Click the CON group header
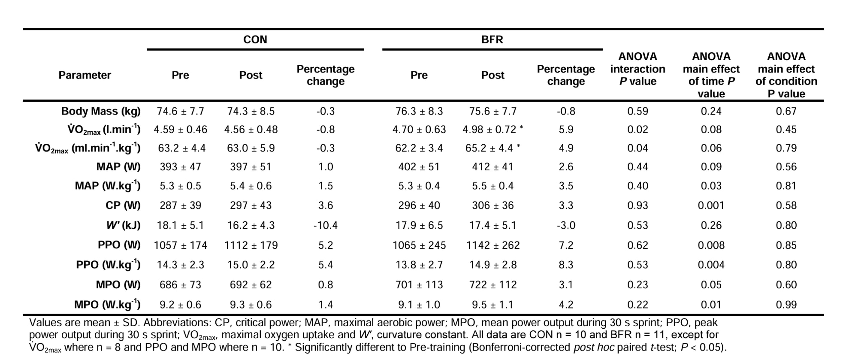(x=255, y=39)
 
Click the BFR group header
(x=492, y=39)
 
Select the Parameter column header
(x=85, y=75)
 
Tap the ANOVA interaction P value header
(x=637, y=69)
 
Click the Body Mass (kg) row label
(x=101, y=111)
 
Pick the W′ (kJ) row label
(x=123, y=225)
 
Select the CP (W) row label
(x=123, y=206)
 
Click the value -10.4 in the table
(x=325, y=225)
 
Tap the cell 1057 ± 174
(x=180, y=245)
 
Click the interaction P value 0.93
(x=637, y=206)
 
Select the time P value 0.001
(x=711, y=206)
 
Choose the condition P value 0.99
(x=786, y=305)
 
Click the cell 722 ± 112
(x=492, y=285)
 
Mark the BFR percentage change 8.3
(x=566, y=265)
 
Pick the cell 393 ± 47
(x=180, y=167)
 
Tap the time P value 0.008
(x=711, y=245)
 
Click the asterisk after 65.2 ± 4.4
(x=519, y=146)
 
